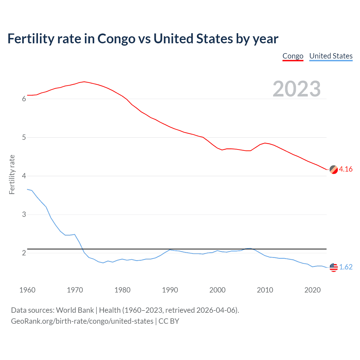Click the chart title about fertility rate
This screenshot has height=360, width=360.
click(143, 39)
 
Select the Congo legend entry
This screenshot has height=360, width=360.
click(293, 56)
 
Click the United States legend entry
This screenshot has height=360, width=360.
click(331, 56)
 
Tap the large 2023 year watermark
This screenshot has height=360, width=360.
click(296, 89)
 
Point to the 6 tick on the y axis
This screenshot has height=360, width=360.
click(24, 99)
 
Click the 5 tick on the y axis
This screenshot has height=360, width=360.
click(24, 138)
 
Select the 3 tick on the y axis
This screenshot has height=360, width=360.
click(24, 215)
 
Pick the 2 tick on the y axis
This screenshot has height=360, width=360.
click(24, 253)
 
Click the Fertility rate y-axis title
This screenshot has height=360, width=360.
click(12, 174)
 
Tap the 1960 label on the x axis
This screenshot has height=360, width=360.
click(27, 290)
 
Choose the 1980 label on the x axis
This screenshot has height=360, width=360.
click(122, 290)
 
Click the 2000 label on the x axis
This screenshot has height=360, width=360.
click(217, 290)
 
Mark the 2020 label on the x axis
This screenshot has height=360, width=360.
click(312, 290)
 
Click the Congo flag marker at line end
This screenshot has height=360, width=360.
click(334, 170)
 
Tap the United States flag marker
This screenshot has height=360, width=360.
click(334, 267)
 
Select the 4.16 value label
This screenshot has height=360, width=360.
click(346, 169)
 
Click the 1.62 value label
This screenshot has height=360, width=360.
click(346, 267)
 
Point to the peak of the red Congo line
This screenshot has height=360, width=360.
click(84, 82)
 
